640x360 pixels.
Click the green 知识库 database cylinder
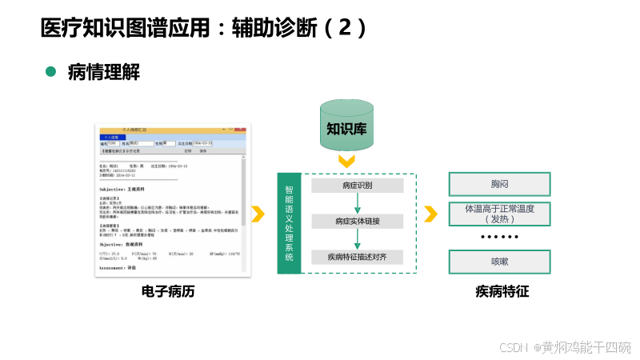[346, 126]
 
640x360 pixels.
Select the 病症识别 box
[357, 186]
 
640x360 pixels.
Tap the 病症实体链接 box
[357, 221]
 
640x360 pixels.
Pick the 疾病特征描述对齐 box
[357, 257]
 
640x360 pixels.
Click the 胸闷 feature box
[500, 184]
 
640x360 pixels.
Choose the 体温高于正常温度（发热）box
[500, 214]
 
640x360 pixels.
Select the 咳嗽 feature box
[500, 262]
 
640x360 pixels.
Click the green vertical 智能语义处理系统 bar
[290, 224]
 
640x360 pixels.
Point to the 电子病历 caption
[168, 292]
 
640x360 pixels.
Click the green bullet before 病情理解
[51, 72]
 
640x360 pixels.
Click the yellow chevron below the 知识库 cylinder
[346, 162]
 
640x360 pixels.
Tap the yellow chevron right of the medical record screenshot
[258, 214]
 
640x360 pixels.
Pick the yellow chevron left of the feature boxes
[430, 214]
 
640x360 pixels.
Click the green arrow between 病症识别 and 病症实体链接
[357, 203]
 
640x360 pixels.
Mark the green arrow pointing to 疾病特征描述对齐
[357, 239]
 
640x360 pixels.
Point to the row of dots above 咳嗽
[500, 238]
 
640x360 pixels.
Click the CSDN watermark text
[565, 347]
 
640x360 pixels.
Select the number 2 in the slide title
[345, 28]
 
